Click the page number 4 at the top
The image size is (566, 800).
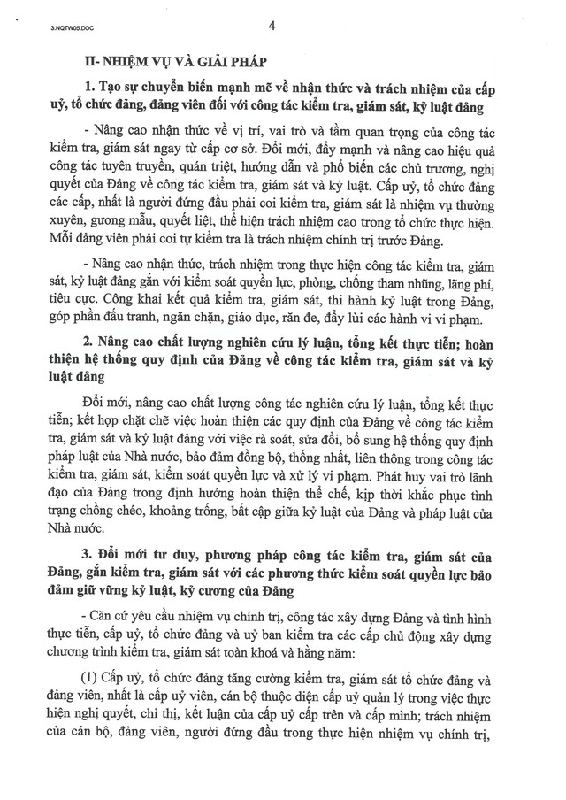pos(272,26)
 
